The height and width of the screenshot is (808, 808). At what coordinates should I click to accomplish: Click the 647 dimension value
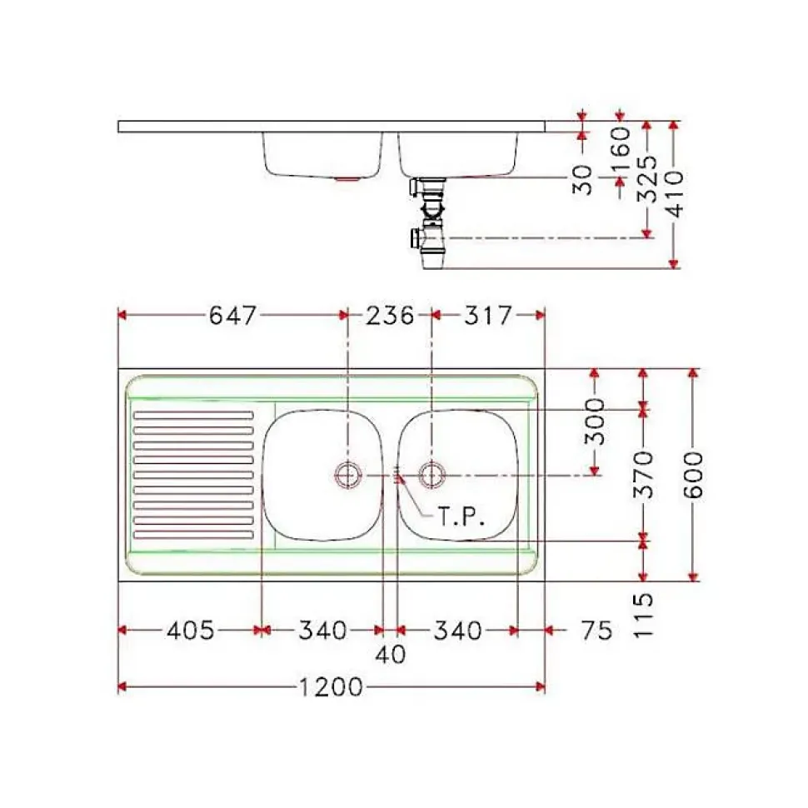tap(232, 316)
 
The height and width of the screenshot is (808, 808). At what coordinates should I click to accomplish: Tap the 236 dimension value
tap(390, 316)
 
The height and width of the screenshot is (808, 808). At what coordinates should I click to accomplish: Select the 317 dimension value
tap(487, 316)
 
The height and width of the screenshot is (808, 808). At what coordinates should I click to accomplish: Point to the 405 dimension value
tap(190, 631)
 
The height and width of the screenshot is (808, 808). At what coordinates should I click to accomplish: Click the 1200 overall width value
tap(332, 687)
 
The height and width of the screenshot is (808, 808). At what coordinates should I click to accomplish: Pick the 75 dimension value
tap(596, 631)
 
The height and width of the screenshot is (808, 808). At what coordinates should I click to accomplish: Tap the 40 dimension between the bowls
tap(391, 655)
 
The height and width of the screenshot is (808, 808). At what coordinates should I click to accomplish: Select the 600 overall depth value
tap(693, 475)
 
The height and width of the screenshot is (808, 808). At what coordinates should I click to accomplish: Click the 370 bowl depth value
tap(642, 475)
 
